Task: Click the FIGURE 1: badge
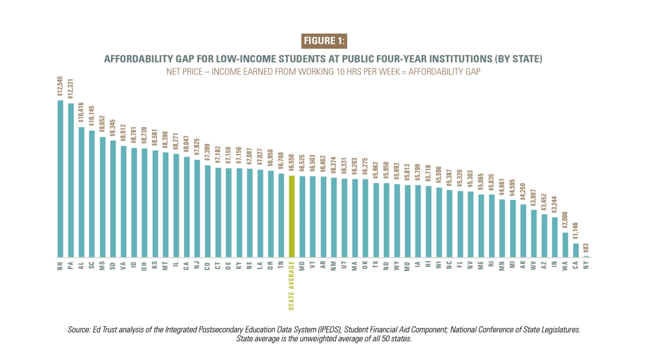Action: point(324,41)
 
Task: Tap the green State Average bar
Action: point(292,217)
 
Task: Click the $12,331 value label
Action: point(71,88)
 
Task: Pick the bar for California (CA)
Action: point(576,250)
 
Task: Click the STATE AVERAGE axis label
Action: point(292,285)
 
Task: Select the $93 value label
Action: point(587,249)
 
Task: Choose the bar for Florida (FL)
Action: point(460,224)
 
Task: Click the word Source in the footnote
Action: point(80,329)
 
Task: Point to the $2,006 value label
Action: point(565,221)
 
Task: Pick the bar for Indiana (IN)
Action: point(555,238)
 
